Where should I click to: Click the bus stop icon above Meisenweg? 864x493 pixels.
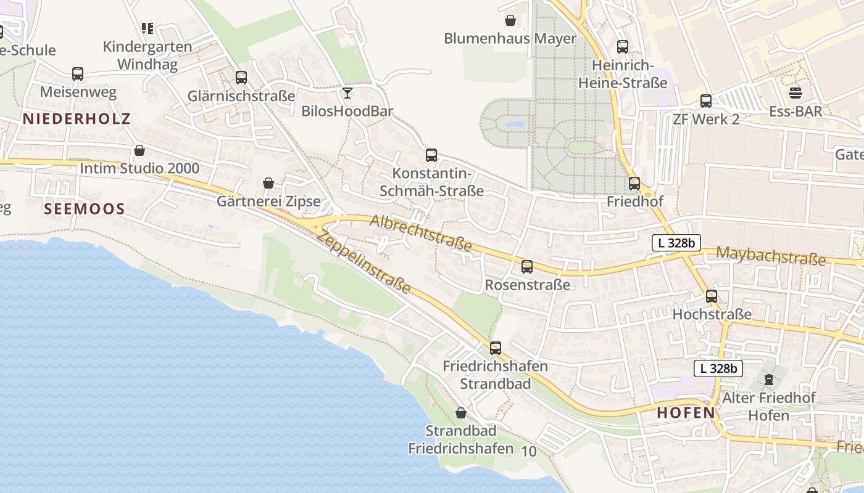click(78, 74)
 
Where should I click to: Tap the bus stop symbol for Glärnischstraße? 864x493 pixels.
click(241, 78)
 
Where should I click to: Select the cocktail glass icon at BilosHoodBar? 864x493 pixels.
click(347, 93)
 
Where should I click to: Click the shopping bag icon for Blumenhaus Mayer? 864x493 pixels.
click(510, 20)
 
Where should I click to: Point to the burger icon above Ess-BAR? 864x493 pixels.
click(795, 93)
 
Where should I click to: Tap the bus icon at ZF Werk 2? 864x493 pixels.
click(706, 101)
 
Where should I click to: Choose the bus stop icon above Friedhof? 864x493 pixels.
click(634, 184)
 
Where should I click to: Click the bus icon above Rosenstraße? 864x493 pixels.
click(527, 267)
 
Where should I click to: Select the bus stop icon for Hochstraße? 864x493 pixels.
click(712, 296)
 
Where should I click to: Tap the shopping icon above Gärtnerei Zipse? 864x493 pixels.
click(268, 183)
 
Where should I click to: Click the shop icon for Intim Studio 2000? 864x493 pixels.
click(139, 150)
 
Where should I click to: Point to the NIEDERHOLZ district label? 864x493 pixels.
click(77, 119)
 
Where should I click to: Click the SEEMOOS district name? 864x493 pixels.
click(85, 209)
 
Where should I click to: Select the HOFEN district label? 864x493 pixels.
click(686, 413)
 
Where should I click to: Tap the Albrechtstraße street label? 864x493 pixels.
click(422, 233)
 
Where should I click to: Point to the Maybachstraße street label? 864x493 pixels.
click(771, 256)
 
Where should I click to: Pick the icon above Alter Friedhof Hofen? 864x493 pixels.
click(769, 379)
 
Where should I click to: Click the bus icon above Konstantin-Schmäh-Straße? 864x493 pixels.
click(431, 155)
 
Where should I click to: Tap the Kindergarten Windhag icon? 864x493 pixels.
click(147, 28)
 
